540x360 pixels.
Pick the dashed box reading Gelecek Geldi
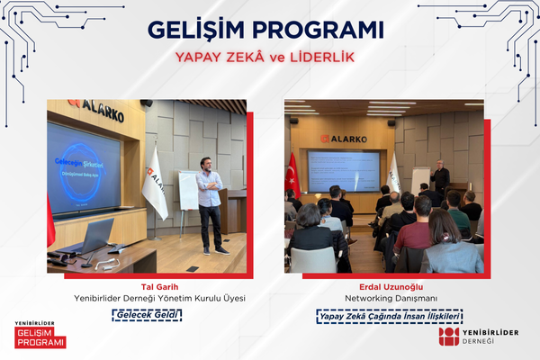pos(147,315)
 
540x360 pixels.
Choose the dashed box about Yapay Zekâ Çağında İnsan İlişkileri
pos(389,316)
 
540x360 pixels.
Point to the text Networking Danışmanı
pos(389,298)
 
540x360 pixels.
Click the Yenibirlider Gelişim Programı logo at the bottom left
pos(40,335)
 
